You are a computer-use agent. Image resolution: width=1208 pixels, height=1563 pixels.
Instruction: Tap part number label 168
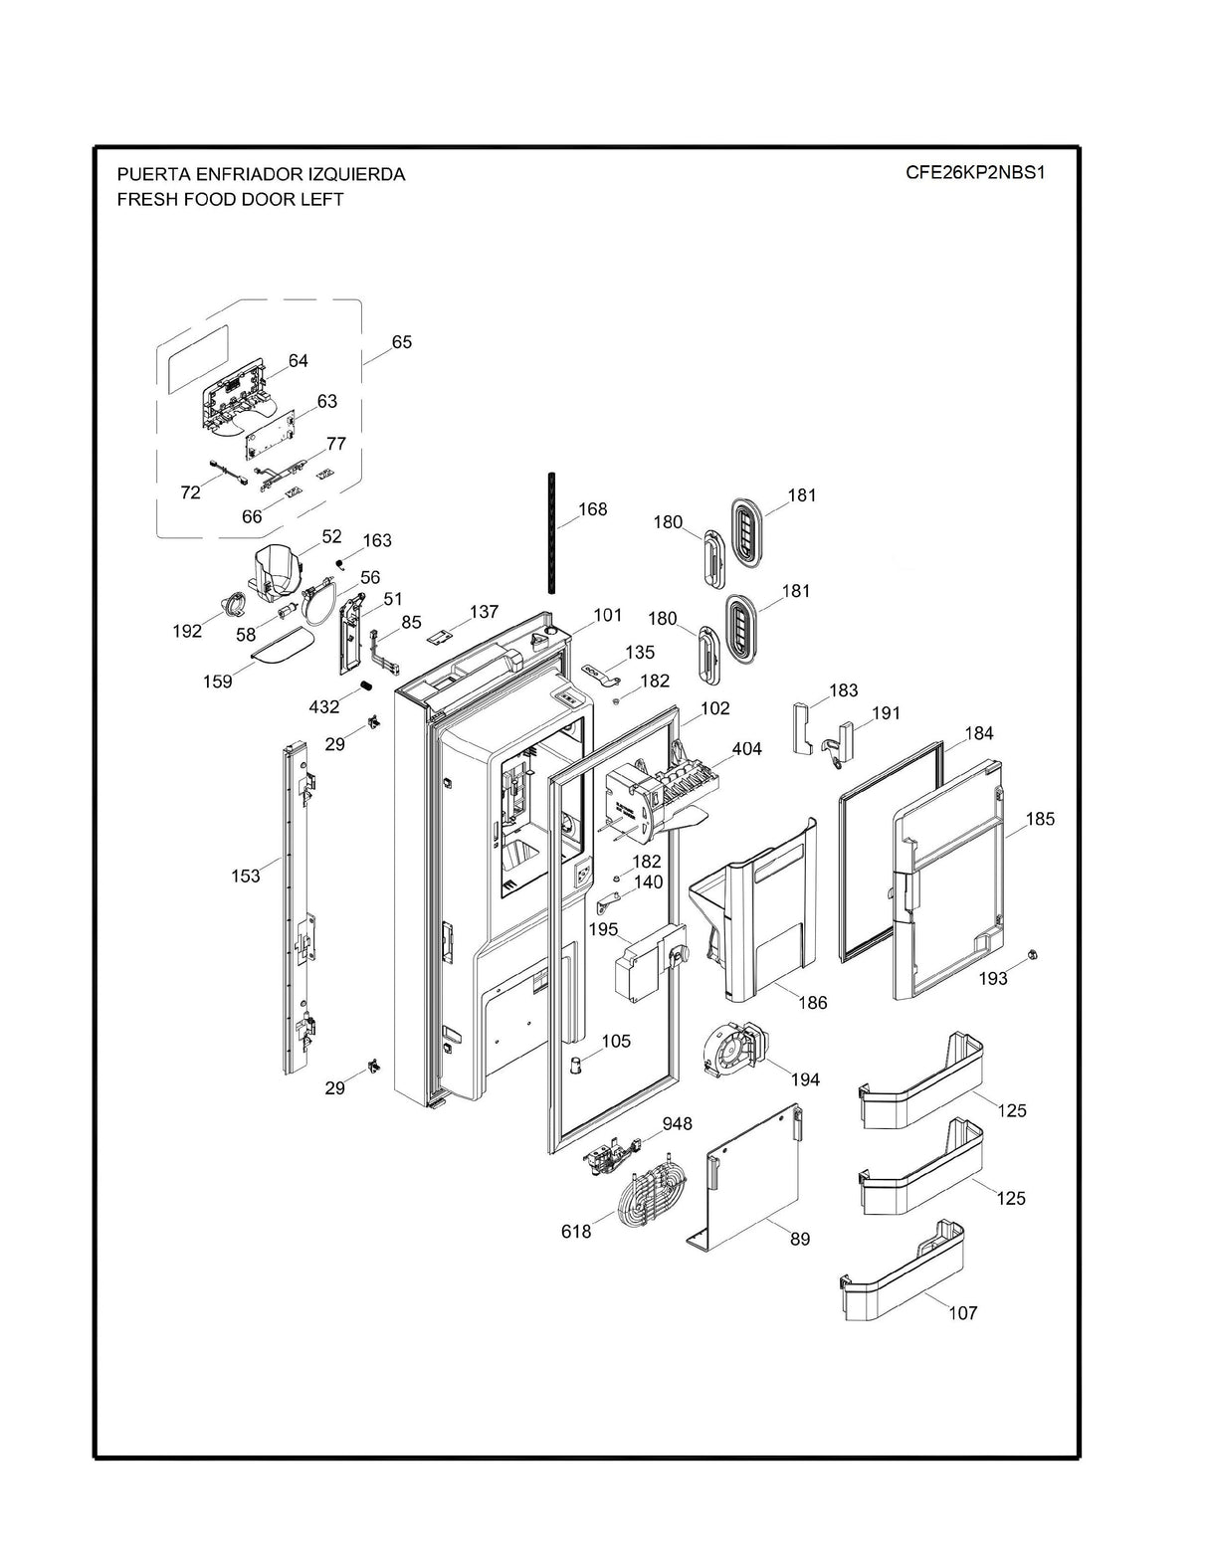tap(592, 508)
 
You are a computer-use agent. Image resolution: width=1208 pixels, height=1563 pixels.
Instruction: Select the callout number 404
tap(746, 748)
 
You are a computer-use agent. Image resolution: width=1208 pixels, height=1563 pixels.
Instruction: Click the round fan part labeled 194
tap(733, 1051)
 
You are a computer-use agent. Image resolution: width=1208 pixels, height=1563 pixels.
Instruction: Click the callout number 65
tap(401, 341)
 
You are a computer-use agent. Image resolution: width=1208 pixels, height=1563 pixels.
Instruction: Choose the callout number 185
tap(1040, 819)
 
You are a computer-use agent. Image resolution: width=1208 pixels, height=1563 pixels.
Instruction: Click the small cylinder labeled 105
tap(576, 1066)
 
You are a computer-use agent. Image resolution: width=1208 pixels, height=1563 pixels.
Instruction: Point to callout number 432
tap(324, 706)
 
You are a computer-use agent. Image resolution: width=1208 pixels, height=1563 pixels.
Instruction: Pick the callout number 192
tap(187, 631)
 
